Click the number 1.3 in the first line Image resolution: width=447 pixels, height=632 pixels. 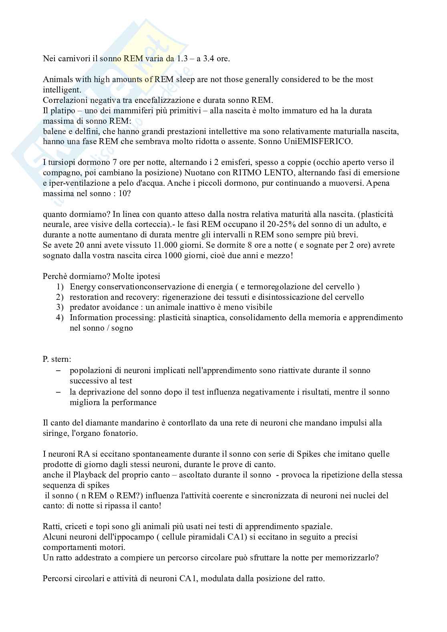183,59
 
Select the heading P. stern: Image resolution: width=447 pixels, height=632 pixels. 57,359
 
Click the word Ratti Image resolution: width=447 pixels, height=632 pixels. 52,526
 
